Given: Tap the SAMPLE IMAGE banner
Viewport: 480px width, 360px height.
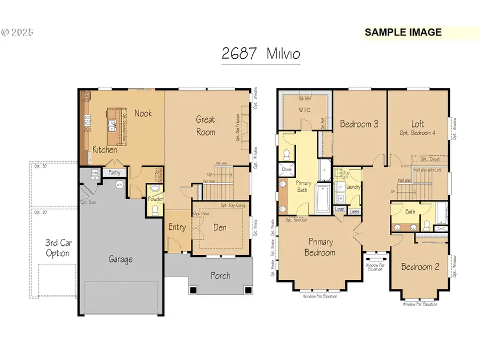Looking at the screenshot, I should (403, 32).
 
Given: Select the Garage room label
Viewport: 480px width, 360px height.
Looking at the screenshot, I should (121, 259).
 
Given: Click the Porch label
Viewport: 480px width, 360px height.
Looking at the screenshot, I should (220, 275).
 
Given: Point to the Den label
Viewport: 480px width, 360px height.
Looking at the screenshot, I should (219, 228).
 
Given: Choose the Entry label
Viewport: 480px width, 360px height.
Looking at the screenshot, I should (177, 227).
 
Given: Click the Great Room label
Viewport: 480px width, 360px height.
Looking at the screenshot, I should (205, 125).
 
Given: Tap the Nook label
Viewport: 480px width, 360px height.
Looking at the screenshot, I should (143, 113).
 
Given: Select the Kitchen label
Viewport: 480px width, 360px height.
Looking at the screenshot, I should (105, 150).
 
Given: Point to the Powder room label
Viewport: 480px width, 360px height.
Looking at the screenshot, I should (156, 199).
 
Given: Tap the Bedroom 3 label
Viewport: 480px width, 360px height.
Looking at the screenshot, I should (359, 124).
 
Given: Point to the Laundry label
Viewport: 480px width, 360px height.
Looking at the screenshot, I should (353, 187).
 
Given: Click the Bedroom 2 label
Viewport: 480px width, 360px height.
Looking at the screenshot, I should (420, 267).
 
